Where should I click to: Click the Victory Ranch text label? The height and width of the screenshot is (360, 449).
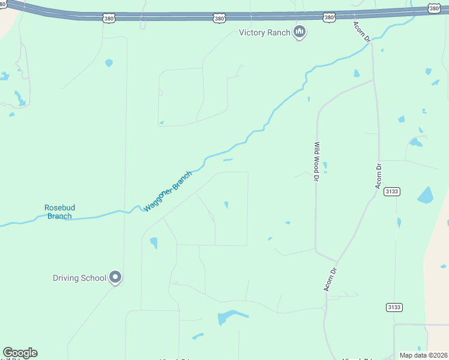click(x=264, y=32)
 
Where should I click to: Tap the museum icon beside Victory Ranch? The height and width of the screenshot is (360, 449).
click(x=300, y=32)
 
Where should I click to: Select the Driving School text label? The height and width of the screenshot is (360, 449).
click(x=79, y=278)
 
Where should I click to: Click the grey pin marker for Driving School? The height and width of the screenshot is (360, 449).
click(x=115, y=277)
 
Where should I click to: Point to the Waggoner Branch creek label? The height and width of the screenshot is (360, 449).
click(x=168, y=191)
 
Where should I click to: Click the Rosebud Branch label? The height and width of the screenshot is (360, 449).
click(x=59, y=212)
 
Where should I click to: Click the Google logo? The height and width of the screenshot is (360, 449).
click(x=20, y=353)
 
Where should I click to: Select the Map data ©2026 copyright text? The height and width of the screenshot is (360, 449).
click(x=424, y=355)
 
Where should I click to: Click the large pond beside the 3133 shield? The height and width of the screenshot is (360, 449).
click(x=425, y=195)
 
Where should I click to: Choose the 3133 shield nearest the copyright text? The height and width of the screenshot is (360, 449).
click(x=394, y=307)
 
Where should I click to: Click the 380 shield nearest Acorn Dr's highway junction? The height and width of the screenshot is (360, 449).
click(x=329, y=18)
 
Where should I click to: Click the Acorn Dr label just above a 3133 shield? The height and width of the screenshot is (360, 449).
click(x=378, y=176)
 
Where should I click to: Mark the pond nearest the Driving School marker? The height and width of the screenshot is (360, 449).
click(x=154, y=242)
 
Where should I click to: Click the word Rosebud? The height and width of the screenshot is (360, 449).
click(x=59, y=208)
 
